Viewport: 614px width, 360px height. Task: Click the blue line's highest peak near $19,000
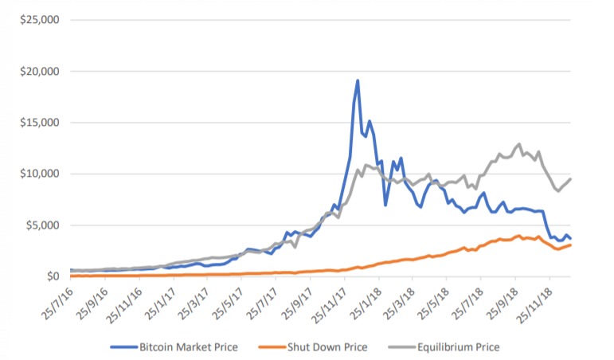pyautogui.click(x=358, y=80)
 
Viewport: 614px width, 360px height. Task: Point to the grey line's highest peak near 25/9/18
pyautogui.click(x=519, y=144)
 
